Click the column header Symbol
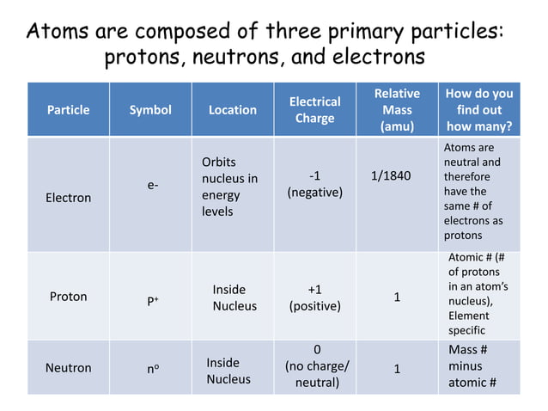tap(150, 110)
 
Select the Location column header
tap(233, 110)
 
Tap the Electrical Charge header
tap(314, 110)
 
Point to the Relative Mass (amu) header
tap(397, 110)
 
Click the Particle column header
tap(68, 110)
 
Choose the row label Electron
tap(68, 198)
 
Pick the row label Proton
tap(68, 297)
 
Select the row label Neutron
tap(68, 368)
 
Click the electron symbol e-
tap(152, 185)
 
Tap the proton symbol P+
tap(151, 302)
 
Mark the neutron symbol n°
tap(150, 369)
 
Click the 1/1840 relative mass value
tap(391, 177)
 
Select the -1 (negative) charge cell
tap(315, 185)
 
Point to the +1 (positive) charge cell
tap(315, 298)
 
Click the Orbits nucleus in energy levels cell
tap(229, 187)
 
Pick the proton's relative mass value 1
tap(397, 298)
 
